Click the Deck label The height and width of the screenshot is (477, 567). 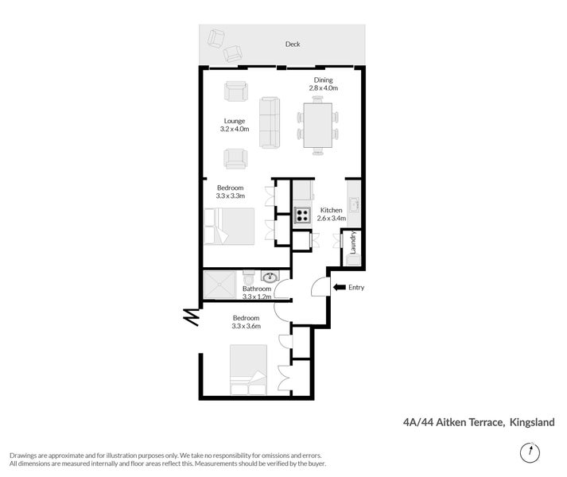(x=293, y=45)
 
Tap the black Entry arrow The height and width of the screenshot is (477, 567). (x=339, y=287)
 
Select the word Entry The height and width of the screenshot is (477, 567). (x=356, y=287)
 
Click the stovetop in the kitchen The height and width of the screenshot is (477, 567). (x=303, y=214)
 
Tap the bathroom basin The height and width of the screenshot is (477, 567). (x=270, y=278)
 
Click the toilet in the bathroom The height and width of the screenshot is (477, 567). (x=249, y=281)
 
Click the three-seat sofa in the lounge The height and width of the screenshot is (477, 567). (x=270, y=123)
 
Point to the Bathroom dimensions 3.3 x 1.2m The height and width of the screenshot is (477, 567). (x=258, y=297)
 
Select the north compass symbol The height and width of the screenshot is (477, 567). (x=526, y=453)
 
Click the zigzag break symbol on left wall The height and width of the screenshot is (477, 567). (x=191, y=316)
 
